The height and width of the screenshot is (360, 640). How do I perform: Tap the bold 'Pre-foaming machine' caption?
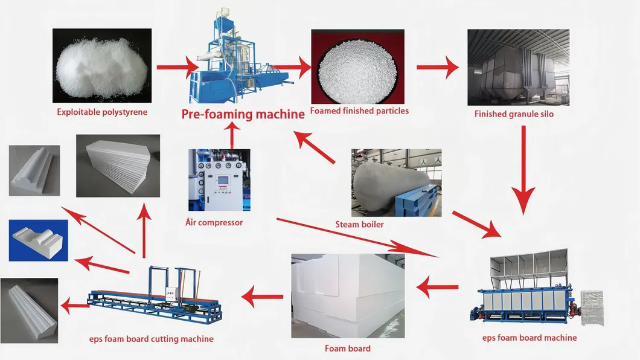tap(243, 114)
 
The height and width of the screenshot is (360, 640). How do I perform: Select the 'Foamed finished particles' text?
tap(359, 111)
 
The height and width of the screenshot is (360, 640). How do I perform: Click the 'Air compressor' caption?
tap(214, 223)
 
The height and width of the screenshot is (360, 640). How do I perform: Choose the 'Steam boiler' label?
tap(359, 225)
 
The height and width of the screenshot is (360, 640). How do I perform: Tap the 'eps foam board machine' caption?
tap(530, 338)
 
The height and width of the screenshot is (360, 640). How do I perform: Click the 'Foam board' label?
tap(348, 349)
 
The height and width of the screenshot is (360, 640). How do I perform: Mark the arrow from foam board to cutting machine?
tap(262, 297)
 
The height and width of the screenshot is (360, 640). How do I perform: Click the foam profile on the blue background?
tap(38, 240)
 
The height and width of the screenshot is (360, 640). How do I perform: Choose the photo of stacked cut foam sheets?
tap(118, 166)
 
